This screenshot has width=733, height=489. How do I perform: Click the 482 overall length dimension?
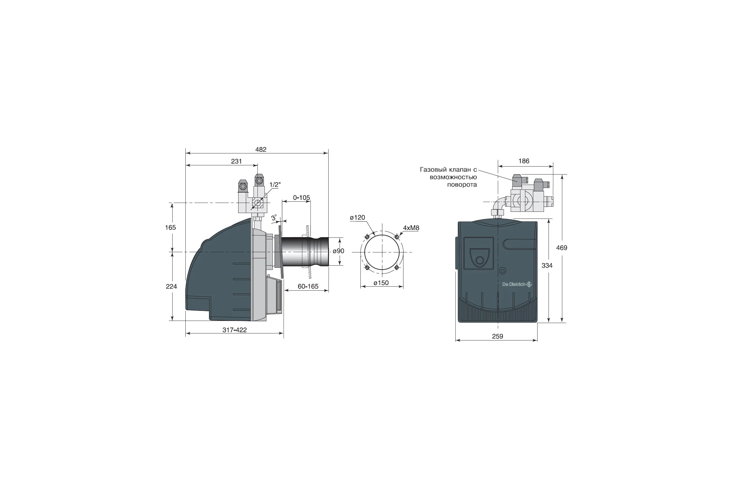pos(261,149)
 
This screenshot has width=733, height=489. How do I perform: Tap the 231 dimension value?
pos(236,161)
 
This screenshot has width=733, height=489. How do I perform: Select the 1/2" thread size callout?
pos(275,185)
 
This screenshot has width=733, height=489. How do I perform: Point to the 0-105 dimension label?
pos(301,197)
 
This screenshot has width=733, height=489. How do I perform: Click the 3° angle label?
pos(274,217)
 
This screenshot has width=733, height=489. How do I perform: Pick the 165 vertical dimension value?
pos(170,227)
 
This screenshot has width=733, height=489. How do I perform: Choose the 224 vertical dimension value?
pos(171,286)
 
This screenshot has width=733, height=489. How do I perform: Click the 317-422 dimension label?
pos(234,330)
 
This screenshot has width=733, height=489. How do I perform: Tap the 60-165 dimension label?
pos(308,286)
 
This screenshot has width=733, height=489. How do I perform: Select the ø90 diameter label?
pos(338,251)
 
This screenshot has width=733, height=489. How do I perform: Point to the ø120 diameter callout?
pos(357,217)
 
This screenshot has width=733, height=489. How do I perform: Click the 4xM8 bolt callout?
pos(411,228)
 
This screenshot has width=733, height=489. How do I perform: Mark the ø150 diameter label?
pos(381,283)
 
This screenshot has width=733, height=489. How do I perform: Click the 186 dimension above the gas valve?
pos(524,161)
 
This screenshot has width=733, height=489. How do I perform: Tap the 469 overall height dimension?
pos(562,248)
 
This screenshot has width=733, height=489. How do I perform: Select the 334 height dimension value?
pos(547,265)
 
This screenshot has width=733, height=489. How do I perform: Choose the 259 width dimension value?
pos(498,336)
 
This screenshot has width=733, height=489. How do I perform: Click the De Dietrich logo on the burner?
pos(517,284)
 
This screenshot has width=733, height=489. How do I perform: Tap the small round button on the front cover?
pos(502,271)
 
